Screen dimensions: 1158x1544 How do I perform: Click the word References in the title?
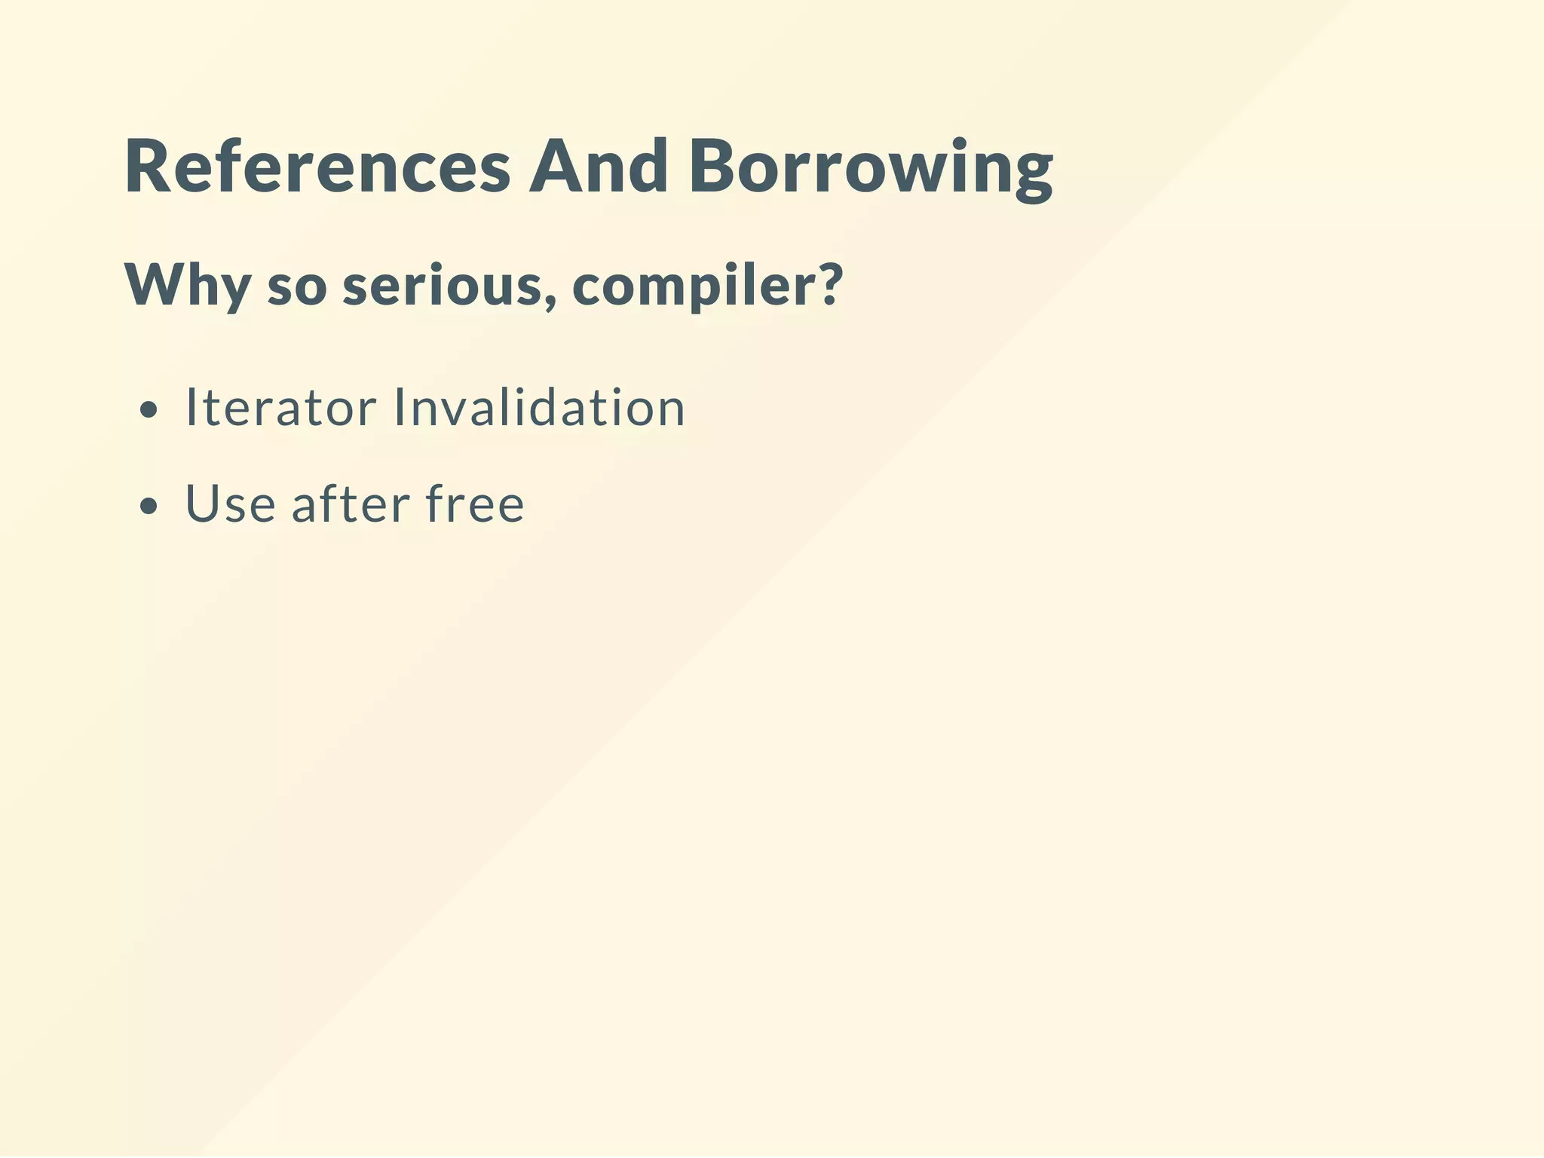click(x=317, y=167)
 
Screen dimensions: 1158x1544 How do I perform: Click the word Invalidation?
click(x=540, y=408)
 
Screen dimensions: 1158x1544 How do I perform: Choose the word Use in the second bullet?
click(x=230, y=504)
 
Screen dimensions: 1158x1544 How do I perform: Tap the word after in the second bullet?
click(x=351, y=504)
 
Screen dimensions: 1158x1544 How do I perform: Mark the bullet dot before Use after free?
click(x=149, y=507)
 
